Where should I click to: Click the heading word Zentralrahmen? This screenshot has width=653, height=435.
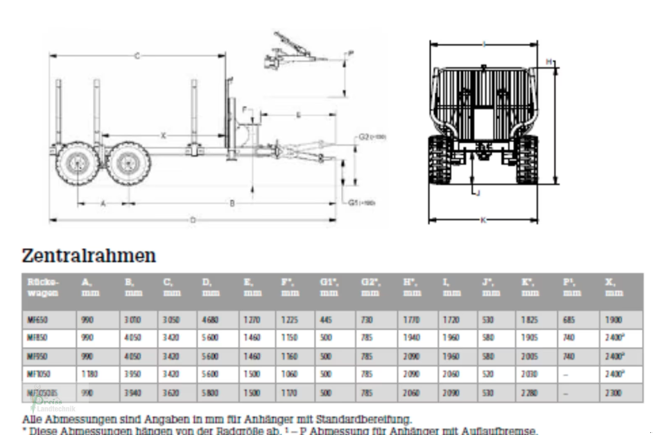tap(89, 256)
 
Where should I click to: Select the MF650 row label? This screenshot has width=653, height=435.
tap(37, 320)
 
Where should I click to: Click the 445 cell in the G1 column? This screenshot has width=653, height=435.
tap(329, 320)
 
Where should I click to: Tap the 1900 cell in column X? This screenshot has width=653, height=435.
tap(613, 320)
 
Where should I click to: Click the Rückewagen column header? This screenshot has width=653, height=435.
tap(42, 287)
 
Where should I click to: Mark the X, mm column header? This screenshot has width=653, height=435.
tap(613, 287)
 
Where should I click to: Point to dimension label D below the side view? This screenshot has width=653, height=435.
tap(193, 220)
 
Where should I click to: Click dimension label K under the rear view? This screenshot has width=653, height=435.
tap(483, 220)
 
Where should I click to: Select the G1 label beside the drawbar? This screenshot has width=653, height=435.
tap(361, 203)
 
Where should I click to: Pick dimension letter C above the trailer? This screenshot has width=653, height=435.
tap(137, 55)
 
